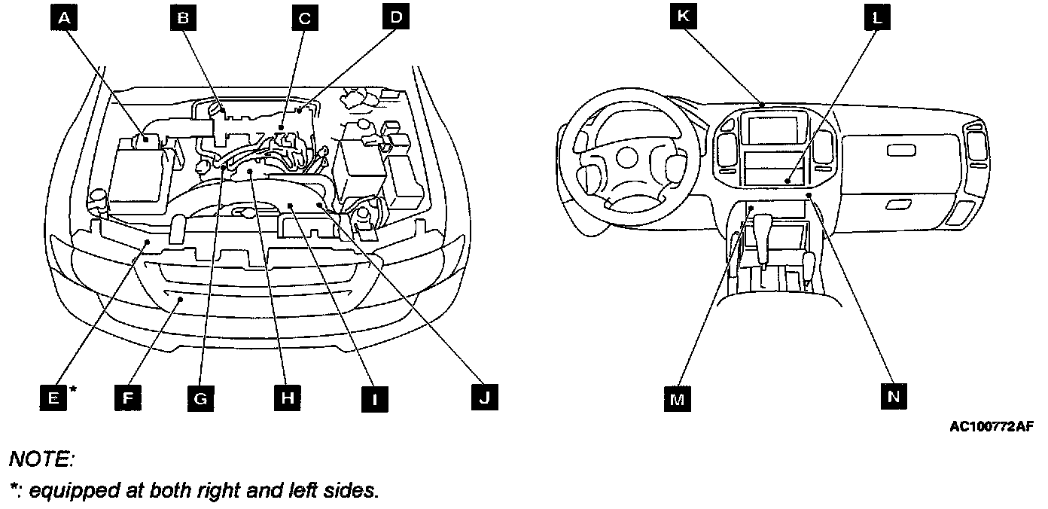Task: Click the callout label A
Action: [x=65, y=18]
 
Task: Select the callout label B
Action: [x=181, y=18]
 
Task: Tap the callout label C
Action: [x=304, y=18]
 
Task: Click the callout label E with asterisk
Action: [x=53, y=397]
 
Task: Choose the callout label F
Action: [x=128, y=397]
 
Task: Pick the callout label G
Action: [x=200, y=397]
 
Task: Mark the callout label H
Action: [x=286, y=397]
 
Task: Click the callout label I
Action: [x=374, y=397]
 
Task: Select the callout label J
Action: [x=484, y=397]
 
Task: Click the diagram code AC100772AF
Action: [x=991, y=427]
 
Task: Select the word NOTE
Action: [x=41, y=459]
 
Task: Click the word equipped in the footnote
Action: [x=65, y=491]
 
